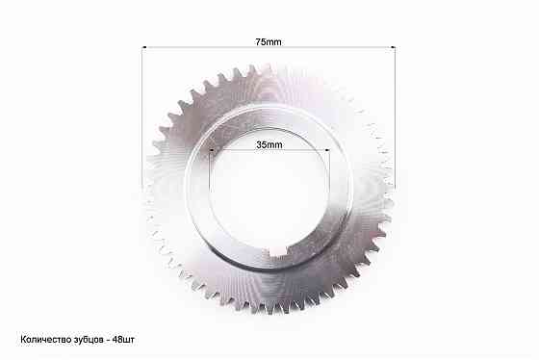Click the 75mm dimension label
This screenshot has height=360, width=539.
click(269, 42)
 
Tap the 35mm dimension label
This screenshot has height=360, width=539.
click(269, 144)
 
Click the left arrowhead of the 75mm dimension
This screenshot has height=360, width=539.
click(144, 47)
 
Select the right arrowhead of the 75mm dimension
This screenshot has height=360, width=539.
click(393, 47)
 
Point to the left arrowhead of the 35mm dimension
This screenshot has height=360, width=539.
click(212, 150)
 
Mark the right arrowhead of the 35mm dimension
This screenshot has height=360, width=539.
click(327, 150)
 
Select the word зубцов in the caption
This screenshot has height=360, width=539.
click(88, 340)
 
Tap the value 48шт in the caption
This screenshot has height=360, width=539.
click(123, 340)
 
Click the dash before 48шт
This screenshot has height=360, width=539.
click(108, 340)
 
